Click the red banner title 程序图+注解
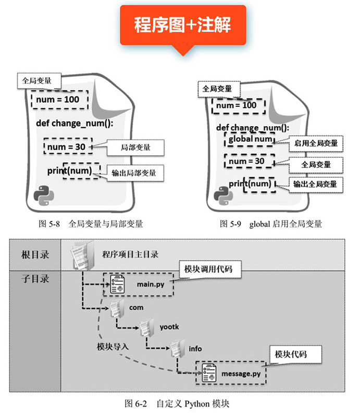coord(182,24)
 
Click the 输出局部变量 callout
coord(133,173)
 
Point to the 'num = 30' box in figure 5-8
coord(67,147)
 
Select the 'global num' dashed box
coord(250,139)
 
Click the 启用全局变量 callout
coord(316,143)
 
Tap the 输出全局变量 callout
coord(314,184)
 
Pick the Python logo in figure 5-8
coord(44,196)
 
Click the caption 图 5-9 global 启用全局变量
coord(271,224)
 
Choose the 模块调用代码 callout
coord(208,269)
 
